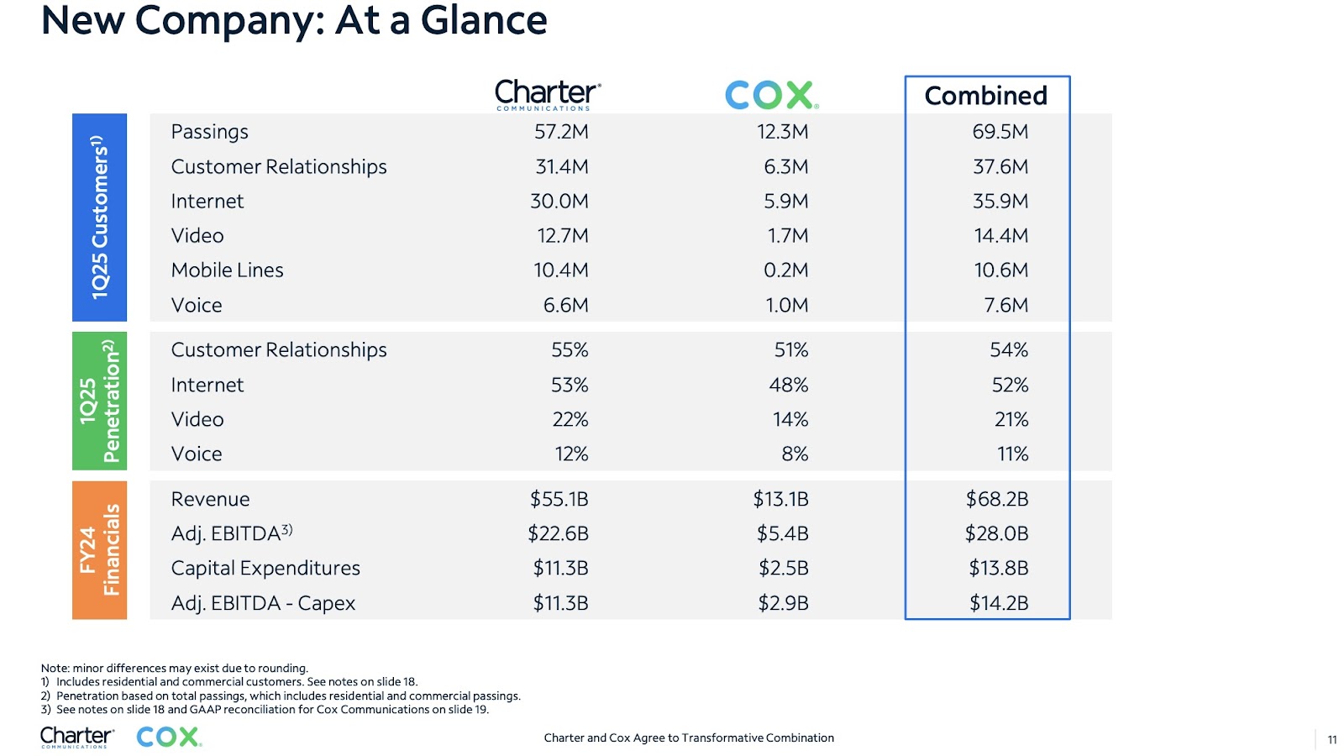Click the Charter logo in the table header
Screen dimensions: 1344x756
pos(548,95)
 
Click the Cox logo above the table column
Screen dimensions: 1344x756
pos(772,95)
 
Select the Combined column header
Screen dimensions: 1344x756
pos(986,96)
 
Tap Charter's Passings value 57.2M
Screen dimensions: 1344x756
pos(561,131)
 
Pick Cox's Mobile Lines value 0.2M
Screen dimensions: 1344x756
pos(785,270)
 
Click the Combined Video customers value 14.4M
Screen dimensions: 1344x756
pos(1000,235)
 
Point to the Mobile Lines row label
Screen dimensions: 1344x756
pos(227,270)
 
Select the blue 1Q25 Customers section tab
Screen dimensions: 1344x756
pos(100,218)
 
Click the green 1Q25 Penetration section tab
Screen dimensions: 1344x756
pos(100,401)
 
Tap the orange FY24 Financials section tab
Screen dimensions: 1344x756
pos(100,549)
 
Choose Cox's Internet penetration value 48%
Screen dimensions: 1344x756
pos(789,385)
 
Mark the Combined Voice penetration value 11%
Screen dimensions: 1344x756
pos(1012,454)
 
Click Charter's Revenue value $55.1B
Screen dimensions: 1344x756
pos(559,499)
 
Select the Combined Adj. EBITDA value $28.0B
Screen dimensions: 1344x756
pos(996,533)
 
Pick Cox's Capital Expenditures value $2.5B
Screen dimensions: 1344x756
pos(783,568)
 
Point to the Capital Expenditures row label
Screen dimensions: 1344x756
pos(265,568)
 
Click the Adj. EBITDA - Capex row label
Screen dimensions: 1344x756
pos(263,603)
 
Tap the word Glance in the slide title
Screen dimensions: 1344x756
pos(484,20)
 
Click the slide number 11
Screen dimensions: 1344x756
pos(1332,740)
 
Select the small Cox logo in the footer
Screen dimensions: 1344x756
pos(169,737)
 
